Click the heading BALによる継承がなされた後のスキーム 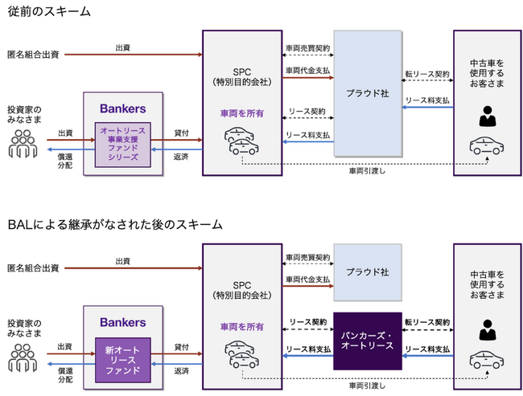[115, 224]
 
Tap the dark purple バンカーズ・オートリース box [367, 339]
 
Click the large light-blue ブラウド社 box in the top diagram [366, 93]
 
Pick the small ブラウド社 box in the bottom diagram [366, 271]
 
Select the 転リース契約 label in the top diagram [427, 74]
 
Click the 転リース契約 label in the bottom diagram [427, 321]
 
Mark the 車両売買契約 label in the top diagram [307, 49]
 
